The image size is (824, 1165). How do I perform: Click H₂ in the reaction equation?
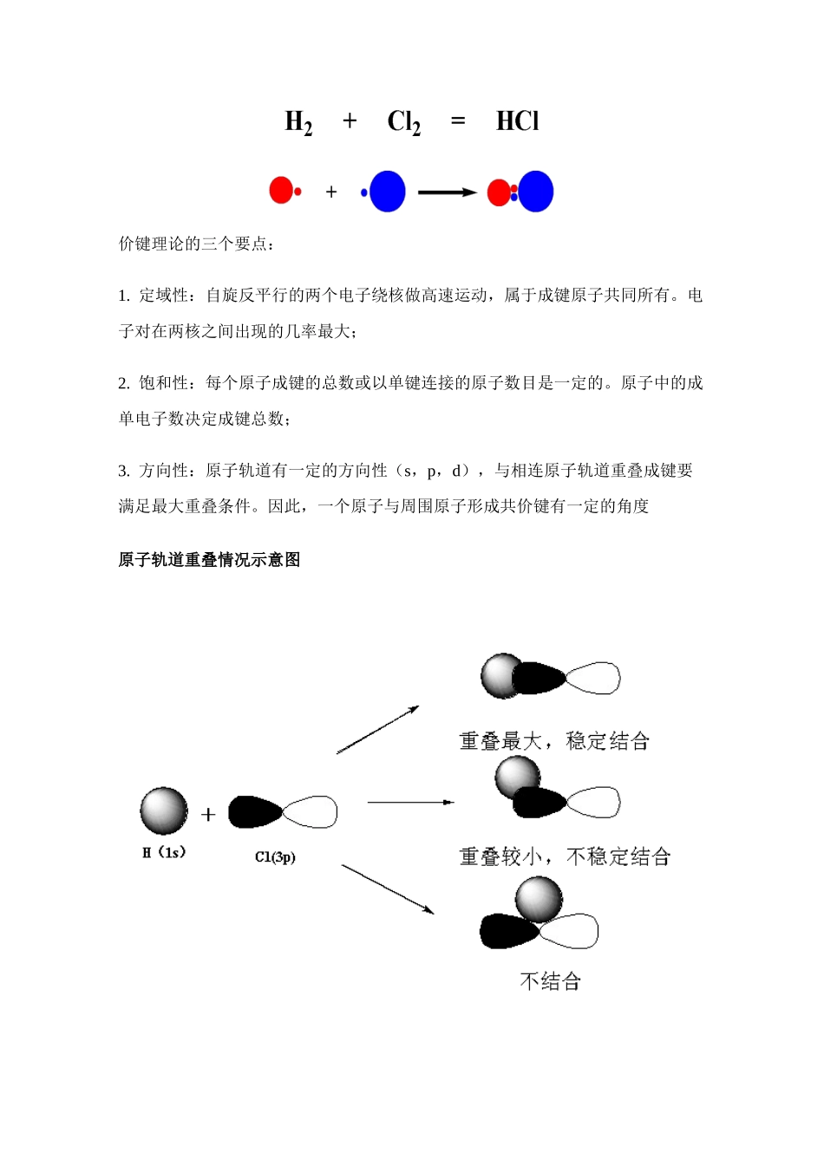(298, 122)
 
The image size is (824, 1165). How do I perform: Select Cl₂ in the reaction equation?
(403, 122)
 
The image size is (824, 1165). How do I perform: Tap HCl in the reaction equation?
(517, 121)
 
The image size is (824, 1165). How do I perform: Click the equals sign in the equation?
(458, 121)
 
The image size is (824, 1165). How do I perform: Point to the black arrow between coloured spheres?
(447, 192)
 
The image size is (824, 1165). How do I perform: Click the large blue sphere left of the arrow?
(387, 192)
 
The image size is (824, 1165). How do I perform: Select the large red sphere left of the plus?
(281, 190)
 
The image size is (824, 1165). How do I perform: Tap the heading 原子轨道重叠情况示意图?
(209, 560)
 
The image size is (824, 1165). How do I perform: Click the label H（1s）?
(164, 853)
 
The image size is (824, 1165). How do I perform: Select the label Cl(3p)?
(275, 856)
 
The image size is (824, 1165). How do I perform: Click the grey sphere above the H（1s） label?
(164, 810)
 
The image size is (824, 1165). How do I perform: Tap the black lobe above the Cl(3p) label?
(254, 812)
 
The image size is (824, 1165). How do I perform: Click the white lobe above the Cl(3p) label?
(311, 812)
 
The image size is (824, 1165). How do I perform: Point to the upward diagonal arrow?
(377, 730)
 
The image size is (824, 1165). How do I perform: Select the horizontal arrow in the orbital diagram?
(410, 803)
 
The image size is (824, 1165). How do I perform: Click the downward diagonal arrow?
(387, 888)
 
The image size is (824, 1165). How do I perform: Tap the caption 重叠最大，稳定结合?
(554, 741)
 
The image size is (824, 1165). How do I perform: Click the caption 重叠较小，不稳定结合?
(565, 856)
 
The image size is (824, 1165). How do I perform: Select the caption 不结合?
(550, 981)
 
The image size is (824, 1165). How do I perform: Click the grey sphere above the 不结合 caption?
(539, 898)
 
